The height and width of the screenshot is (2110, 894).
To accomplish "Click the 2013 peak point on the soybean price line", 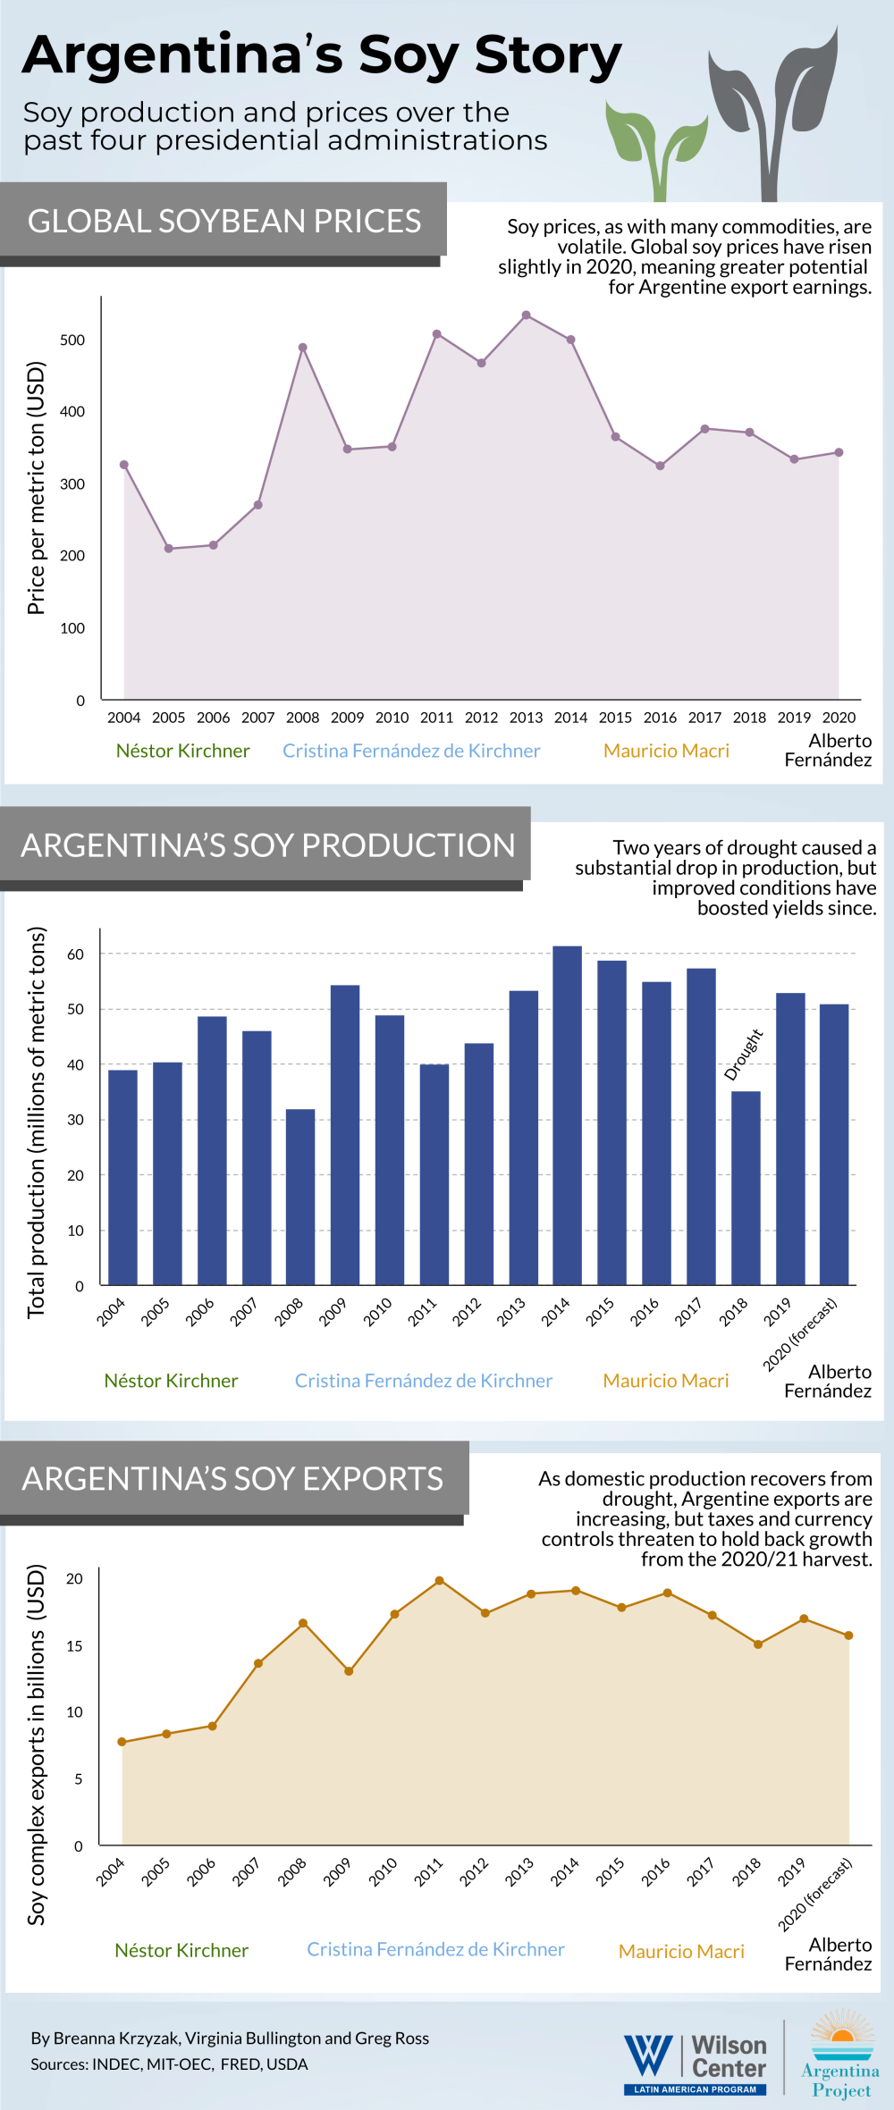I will click(526, 315).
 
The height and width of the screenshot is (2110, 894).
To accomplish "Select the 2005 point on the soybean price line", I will click(168, 549).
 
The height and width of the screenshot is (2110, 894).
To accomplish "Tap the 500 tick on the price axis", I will click(72, 340).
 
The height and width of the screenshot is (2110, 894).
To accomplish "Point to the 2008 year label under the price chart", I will click(302, 718).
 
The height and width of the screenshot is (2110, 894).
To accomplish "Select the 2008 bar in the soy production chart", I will click(300, 1197).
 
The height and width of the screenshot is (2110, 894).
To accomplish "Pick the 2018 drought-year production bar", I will click(746, 1188).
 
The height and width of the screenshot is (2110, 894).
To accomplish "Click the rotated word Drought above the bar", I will click(743, 1055).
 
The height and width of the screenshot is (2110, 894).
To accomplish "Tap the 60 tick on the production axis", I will click(75, 954).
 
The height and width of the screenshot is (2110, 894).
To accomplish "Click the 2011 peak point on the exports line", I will click(439, 1581).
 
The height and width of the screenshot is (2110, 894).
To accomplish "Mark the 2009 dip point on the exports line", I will click(349, 1671).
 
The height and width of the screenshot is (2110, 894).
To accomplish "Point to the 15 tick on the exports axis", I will click(74, 1646).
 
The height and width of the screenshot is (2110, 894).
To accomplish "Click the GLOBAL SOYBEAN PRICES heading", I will click(223, 221).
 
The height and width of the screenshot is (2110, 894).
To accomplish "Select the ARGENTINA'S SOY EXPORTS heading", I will click(232, 1479).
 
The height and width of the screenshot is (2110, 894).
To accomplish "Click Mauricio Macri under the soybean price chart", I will click(666, 751).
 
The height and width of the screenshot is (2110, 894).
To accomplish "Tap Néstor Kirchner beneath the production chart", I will click(171, 1381).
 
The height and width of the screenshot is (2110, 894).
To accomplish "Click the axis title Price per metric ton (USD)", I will click(36, 488).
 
